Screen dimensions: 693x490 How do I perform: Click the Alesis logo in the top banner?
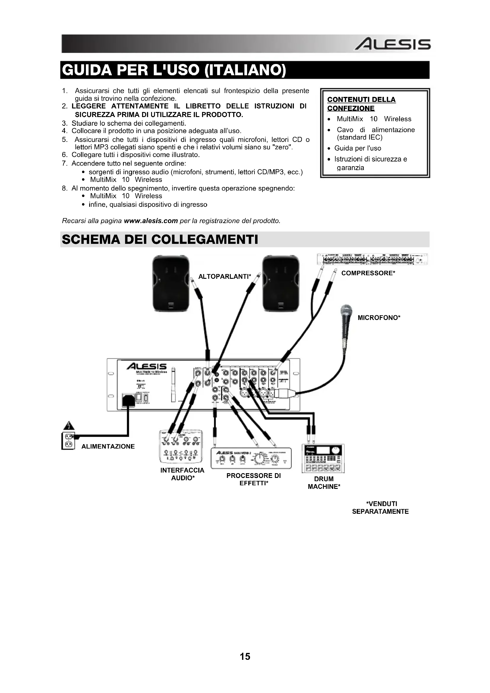(x=392, y=45)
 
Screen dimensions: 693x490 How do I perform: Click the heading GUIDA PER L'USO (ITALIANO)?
(x=174, y=70)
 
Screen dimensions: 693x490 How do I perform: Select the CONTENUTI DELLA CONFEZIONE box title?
(x=361, y=104)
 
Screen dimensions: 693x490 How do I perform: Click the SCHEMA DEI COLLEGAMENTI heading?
(x=160, y=239)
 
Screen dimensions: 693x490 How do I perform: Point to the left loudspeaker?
(x=171, y=283)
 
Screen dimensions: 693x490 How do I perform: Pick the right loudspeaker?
(x=281, y=283)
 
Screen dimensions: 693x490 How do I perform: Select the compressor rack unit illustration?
(x=372, y=259)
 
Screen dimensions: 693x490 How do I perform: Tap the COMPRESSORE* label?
(x=368, y=273)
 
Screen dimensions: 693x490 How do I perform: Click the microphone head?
(x=346, y=311)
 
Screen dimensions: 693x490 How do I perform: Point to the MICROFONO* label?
(x=379, y=318)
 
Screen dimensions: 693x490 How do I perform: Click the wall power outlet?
(x=68, y=441)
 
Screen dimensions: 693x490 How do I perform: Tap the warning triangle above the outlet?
(x=69, y=425)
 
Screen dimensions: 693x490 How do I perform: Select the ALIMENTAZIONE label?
(x=108, y=446)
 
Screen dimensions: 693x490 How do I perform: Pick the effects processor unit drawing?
(x=251, y=458)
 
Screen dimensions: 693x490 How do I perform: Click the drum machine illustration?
(x=323, y=458)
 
